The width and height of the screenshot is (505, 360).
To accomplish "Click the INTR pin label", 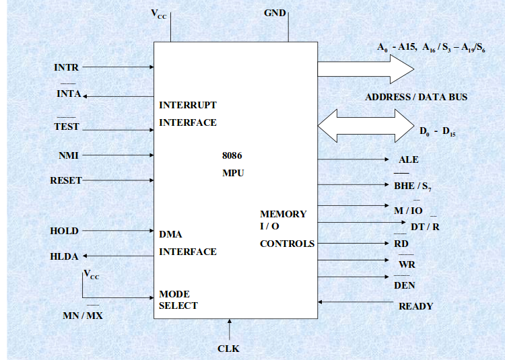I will click(x=66, y=67).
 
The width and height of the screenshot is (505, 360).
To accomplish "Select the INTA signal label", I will click(x=68, y=94).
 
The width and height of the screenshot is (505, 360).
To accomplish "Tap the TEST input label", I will click(x=67, y=127).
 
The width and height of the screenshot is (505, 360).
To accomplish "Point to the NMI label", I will click(x=68, y=155).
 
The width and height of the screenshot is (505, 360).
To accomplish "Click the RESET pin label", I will click(x=66, y=180).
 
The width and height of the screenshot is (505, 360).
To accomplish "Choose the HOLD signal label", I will click(x=64, y=231).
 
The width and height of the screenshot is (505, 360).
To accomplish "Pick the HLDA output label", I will click(x=64, y=256).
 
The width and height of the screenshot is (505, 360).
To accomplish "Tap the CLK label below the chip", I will click(x=228, y=349).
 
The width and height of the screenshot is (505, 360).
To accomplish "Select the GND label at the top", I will click(x=275, y=13).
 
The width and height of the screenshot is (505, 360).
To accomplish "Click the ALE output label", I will click(x=408, y=160).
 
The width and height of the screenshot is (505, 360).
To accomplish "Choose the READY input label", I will click(x=415, y=306).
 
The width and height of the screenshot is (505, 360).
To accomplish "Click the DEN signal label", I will click(x=404, y=285).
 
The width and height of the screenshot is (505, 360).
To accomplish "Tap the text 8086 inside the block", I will click(x=232, y=155).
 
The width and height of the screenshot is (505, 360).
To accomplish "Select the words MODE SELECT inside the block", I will click(x=178, y=300).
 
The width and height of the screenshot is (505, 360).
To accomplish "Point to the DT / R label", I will click(x=425, y=227).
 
